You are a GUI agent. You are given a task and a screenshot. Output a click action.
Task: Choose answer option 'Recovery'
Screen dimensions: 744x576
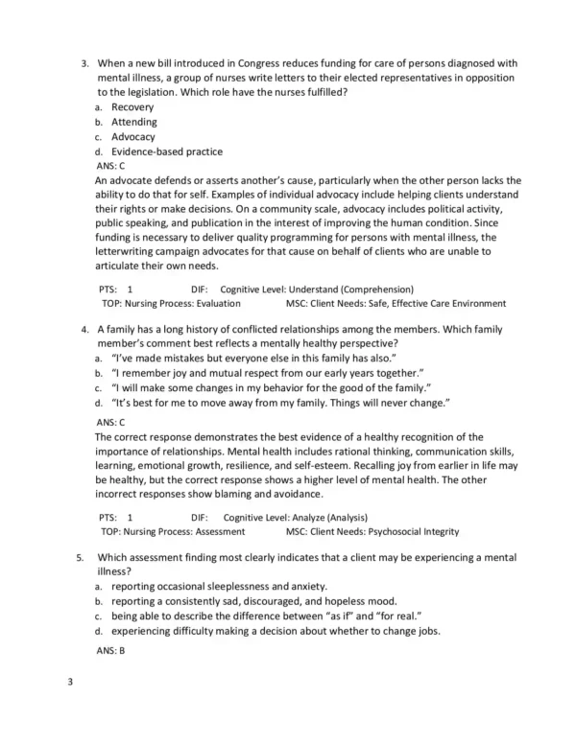point(132,107)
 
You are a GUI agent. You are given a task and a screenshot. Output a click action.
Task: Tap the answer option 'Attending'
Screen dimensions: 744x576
point(134,122)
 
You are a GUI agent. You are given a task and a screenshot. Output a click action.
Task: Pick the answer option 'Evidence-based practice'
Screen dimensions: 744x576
point(166,151)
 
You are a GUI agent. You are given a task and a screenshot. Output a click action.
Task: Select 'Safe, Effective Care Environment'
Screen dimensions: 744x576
point(436,303)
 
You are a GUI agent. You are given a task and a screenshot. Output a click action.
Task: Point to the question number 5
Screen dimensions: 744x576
point(82,557)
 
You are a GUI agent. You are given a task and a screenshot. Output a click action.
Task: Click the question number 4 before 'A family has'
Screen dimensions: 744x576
point(84,328)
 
